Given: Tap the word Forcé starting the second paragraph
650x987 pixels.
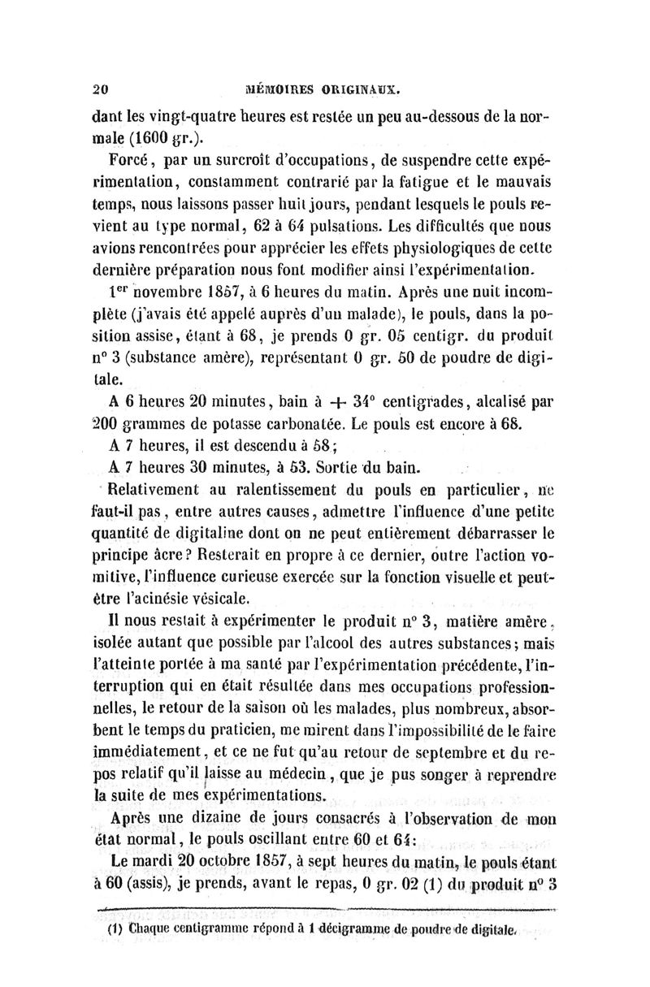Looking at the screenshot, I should [144, 157].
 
